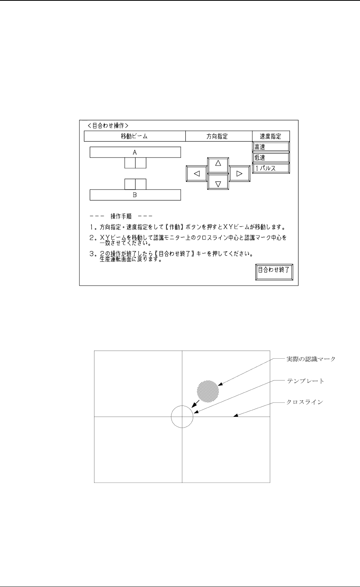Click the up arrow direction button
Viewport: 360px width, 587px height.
point(218,164)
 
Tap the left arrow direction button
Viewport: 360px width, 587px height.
point(197,174)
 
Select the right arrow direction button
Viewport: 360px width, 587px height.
point(239,174)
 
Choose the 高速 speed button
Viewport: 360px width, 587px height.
point(271,147)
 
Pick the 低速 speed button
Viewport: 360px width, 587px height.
point(271,157)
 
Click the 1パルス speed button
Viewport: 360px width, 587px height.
point(271,168)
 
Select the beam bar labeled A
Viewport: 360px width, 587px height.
point(135,152)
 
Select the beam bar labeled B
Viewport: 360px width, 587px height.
point(135,195)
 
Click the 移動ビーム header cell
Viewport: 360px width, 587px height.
point(134,136)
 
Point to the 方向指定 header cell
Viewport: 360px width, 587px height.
point(217,136)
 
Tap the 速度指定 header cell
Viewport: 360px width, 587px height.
point(270,136)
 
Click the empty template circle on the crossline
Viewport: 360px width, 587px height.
point(182,417)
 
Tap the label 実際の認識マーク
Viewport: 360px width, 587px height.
point(311,359)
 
